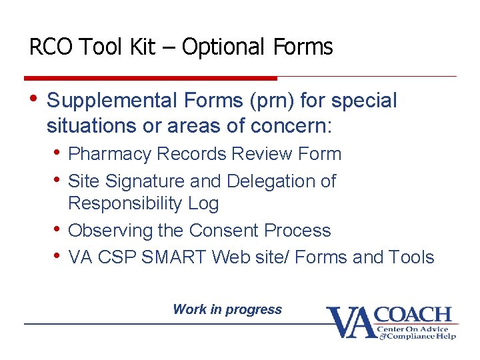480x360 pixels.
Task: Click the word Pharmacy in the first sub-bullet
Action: [x=110, y=154]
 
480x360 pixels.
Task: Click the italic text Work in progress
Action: [x=227, y=309]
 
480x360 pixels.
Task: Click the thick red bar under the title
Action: [x=150, y=78]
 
